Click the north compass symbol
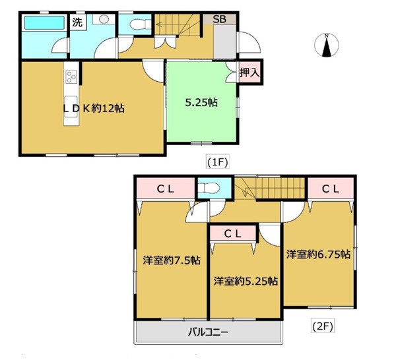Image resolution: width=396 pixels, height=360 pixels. [326, 45]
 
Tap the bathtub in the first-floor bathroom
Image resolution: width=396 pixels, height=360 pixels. [44, 22]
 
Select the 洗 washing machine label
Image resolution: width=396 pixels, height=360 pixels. [77, 22]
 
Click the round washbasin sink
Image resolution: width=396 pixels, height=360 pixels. [104, 19]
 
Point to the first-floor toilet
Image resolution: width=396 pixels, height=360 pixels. [140, 24]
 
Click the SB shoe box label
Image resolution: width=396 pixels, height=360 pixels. [220, 19]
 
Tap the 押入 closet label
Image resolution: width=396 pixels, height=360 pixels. [249, 73]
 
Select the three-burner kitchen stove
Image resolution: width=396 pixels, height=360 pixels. [71, 76]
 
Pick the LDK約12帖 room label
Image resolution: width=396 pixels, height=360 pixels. [94, 109]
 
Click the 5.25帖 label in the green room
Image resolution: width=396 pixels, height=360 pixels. [201, 102]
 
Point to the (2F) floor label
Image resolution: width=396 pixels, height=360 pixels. [323, 326]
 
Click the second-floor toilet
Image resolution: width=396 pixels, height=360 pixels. [208, 188]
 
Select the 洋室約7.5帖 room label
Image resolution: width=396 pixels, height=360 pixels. [172, 260]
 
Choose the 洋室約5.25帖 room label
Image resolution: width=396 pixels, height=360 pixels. [246, 281]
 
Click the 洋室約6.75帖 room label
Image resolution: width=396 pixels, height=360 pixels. [318, 255]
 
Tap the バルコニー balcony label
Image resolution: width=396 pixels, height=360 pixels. [208, 332]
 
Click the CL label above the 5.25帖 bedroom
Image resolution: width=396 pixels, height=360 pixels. [232, 234]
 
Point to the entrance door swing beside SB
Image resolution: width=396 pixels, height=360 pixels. [249, 42]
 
